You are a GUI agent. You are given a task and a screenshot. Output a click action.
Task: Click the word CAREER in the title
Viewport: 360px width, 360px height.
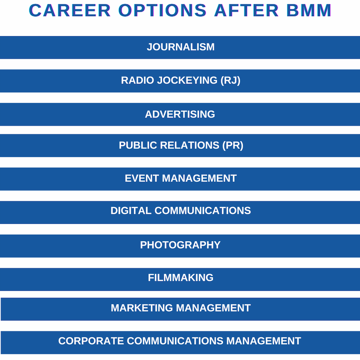[70, 10]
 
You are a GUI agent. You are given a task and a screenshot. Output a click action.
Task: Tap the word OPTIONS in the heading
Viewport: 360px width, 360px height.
[162, 10]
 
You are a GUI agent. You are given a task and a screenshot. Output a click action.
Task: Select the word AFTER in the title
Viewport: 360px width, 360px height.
[247, 10]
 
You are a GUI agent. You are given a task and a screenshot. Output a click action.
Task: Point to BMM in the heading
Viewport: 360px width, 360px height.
[309, 10]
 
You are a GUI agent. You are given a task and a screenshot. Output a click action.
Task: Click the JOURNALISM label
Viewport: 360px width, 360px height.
[181, 47]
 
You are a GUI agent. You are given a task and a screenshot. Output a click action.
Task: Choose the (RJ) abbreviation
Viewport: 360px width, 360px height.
[230, 80]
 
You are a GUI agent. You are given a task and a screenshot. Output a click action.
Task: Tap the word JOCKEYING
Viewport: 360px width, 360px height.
[187, 80]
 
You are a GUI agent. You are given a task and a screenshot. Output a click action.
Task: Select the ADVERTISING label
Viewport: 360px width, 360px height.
[180, 114]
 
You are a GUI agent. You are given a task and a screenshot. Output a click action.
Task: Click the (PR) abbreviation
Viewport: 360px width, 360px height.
[233, 145]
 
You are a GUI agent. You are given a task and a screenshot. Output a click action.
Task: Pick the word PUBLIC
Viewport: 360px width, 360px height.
[138, 145]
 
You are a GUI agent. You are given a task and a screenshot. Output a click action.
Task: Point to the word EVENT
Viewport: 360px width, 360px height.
[142, 178]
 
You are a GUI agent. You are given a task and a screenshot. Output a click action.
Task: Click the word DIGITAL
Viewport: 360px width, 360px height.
[131, 211]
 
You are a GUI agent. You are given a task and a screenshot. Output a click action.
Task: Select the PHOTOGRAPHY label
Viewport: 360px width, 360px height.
[180, 245]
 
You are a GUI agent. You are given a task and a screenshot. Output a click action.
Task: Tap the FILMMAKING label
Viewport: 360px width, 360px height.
[181, 278]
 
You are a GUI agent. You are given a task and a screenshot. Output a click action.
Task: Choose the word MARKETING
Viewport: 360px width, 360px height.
[142, 308]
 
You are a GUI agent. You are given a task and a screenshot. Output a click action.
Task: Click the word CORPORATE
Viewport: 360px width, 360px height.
[91, 341]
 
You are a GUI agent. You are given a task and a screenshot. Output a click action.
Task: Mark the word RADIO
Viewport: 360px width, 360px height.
[137, 80]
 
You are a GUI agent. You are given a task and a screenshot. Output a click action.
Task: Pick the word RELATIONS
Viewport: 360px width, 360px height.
[190, 145]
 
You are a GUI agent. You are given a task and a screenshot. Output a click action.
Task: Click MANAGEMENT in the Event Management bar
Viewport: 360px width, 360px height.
[199, 178]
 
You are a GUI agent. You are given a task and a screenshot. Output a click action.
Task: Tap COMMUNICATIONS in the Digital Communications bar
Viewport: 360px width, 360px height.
[203, 211]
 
